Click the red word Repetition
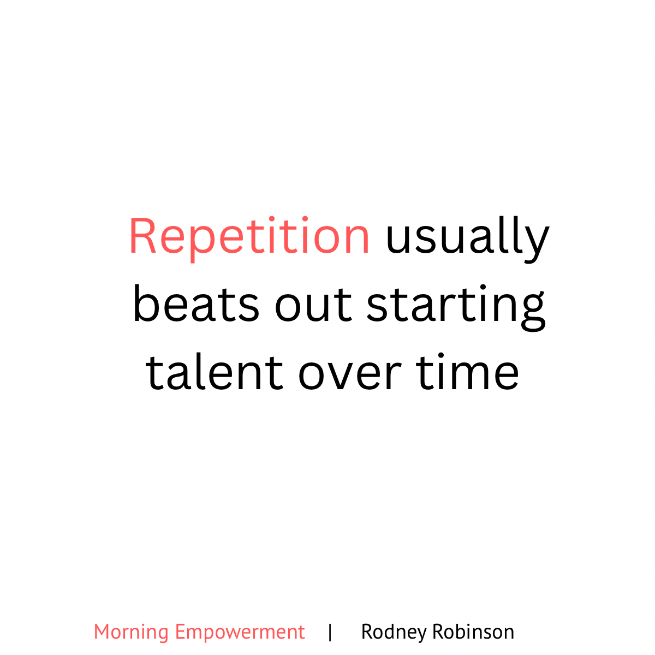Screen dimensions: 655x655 (249, 239)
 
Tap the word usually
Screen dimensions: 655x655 (468, 239)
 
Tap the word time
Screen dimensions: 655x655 (467, 371)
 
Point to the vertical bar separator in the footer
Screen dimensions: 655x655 (330, 633)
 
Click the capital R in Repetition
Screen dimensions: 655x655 (143, 236)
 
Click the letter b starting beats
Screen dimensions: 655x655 (146, 303)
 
